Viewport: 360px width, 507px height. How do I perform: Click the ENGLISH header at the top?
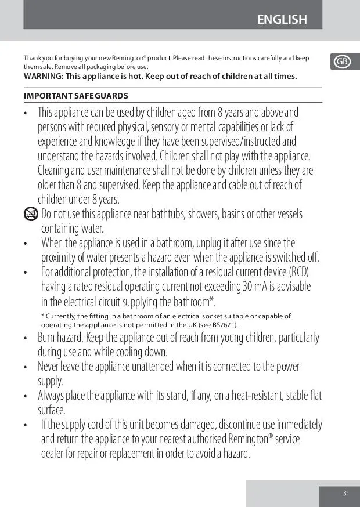[x=282, y=20]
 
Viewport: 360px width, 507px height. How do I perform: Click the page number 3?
[x=344, y=494]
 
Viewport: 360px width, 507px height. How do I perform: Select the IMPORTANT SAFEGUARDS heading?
[x=76, y=96]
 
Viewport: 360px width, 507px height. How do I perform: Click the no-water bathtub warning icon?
[x=31, y=214]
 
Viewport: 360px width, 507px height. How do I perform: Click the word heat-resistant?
[x=250, y=396]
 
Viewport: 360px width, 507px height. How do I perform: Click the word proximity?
[x=60, y=258]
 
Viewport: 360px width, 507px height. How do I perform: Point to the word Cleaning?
[x=54, y=171]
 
